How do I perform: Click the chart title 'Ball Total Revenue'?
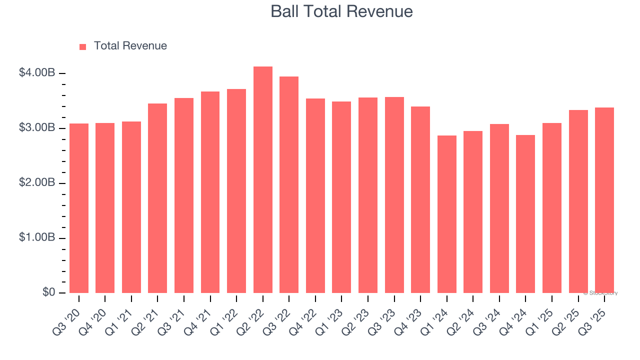click(x=341, y=11)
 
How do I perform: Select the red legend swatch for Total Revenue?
click(x=83, y=46)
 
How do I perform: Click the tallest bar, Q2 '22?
click(x=263, y=180)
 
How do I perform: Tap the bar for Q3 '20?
click(x=79, y=208)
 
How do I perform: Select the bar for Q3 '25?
click(x=604, y=200)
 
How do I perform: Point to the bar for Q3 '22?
click(x=289, y=185)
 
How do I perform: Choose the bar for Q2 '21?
click(x=157, y=198)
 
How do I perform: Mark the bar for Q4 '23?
click(x=420, y=200)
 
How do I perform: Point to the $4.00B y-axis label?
click(x=36, y=73)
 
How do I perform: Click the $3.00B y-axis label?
click(x=36, y=128)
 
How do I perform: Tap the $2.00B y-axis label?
click(x=36, y=183)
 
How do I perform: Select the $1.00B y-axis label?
click(x=36, y=238)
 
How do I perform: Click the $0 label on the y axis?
click(x=48, y=292)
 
